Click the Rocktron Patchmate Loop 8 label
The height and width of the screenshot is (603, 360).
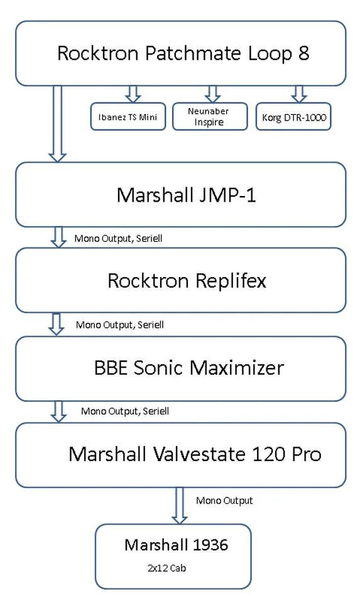pyautogui.click(x=183, y=53)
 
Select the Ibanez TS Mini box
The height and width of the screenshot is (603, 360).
pyautogui.click(x=128, y=117)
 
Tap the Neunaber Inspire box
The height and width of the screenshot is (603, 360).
pyautogui.click(x=209, y=117)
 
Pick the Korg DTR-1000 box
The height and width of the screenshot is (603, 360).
pyautogui.click(x=293, y=117)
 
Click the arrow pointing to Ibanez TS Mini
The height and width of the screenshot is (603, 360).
pyautogui.click(x=133, y=94)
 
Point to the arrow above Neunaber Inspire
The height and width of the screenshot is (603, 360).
pyautogui.click(x=212, y=94)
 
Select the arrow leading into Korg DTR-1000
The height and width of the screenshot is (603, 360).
pyautogui.click(x=298, y=94)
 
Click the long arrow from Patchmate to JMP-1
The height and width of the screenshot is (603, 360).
pyautogui.click(x=58, y=123)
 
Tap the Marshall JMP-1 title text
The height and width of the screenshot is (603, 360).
pyautogui.click(x=186, y=195)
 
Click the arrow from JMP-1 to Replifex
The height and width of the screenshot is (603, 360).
pyautogui.click(x=58, y=237)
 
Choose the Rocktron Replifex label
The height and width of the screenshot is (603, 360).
pyautogui.click(x=187, y=280)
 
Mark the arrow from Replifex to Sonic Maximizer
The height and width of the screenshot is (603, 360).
pyautogui.click(x=57, y=323)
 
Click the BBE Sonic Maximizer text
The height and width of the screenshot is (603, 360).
pyautogui.click(x=188, y=367)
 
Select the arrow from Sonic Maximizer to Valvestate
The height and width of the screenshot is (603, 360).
pyautogui.click(x=58, y=411)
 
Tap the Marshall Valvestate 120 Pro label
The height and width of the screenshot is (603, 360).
pyautogui.click(x=195, y=454)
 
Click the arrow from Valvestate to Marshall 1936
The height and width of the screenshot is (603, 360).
pyautogui.click(x=180, y=505)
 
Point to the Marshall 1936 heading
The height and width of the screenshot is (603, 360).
pyautogui.click(x=176, y=545)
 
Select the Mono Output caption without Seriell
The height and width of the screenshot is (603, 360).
pyautogui.click(x=224, y=501)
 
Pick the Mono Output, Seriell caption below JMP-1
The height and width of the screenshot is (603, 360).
pyautogui.click(x=118, y=239)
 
